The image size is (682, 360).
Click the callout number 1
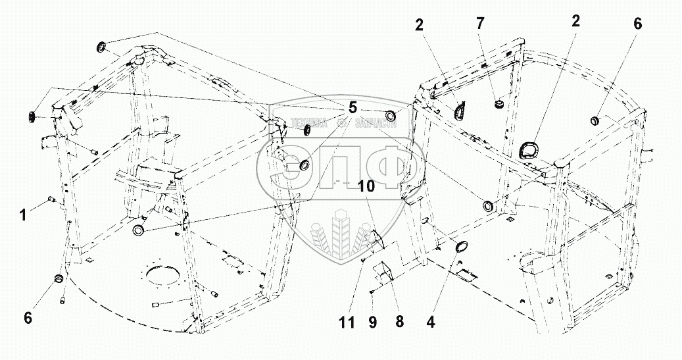23,214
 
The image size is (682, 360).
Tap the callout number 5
353,107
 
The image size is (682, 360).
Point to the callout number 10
366,186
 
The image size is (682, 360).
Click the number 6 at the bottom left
28,317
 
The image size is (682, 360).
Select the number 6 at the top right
637,24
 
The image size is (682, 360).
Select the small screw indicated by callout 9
373,292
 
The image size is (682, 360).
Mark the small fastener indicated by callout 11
363,260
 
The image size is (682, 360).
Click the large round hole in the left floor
164,272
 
